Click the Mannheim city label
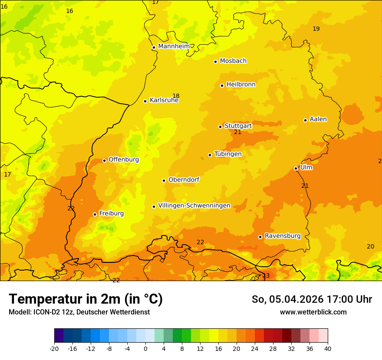(x=174, y=46)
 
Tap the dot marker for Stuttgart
(x=220, y=127)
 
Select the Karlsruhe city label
(x=164, y=100)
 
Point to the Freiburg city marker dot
(x=95, y=214)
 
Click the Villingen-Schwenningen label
(x=194, y=206)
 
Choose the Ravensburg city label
(x=283, y=236)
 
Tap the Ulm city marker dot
(x=296, y=168)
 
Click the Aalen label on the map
(x=318, y=119)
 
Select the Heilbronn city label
(x=241, y=85)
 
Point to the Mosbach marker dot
(x=215, y=62)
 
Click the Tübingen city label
(x=228, y=154)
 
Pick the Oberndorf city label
(x=184, y=180)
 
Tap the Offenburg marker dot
(x=104, y=160)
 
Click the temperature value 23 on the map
(x=266, y=276)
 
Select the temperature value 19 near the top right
(x=316, y=29)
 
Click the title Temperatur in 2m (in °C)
(x=86, y=299)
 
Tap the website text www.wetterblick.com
(x=313, y=312)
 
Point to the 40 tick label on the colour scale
(x=328, y=348)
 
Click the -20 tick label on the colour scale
(x=54, y=348)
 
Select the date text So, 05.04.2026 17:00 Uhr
(x=312, y=299)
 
